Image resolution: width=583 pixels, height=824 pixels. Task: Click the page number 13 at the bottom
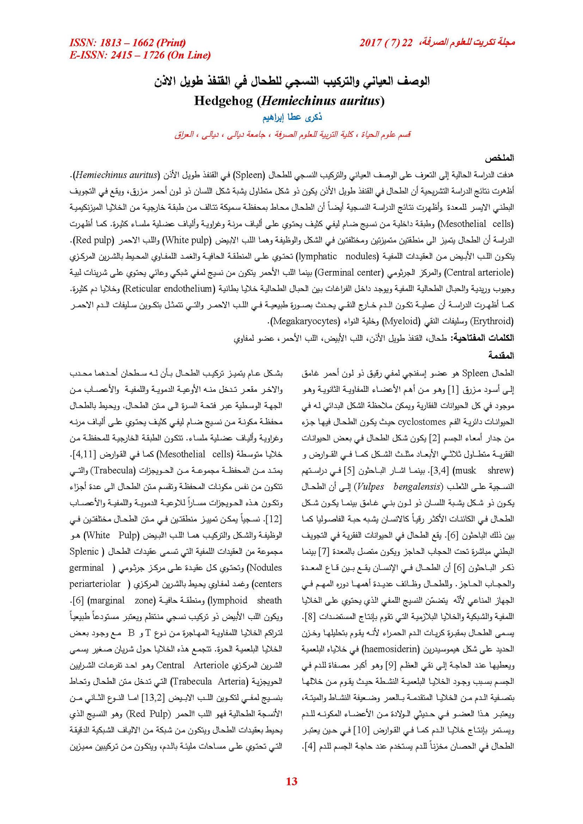(x=291, y=781)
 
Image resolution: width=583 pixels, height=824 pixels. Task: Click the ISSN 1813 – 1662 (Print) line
(x=128, y=43)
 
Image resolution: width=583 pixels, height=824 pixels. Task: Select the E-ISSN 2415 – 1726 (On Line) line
(x=140, y=55)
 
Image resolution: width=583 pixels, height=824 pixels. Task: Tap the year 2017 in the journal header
(x=370, y=43)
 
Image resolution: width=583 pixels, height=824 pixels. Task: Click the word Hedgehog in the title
(x=223, y=100)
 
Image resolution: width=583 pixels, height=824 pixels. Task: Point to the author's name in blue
(x=292, y=117)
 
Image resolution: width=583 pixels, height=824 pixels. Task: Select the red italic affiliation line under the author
(x=292, y=135)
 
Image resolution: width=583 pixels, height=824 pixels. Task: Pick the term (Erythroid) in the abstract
(x=492, y=321)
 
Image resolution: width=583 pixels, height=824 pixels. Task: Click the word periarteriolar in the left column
(x=95, y=584)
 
